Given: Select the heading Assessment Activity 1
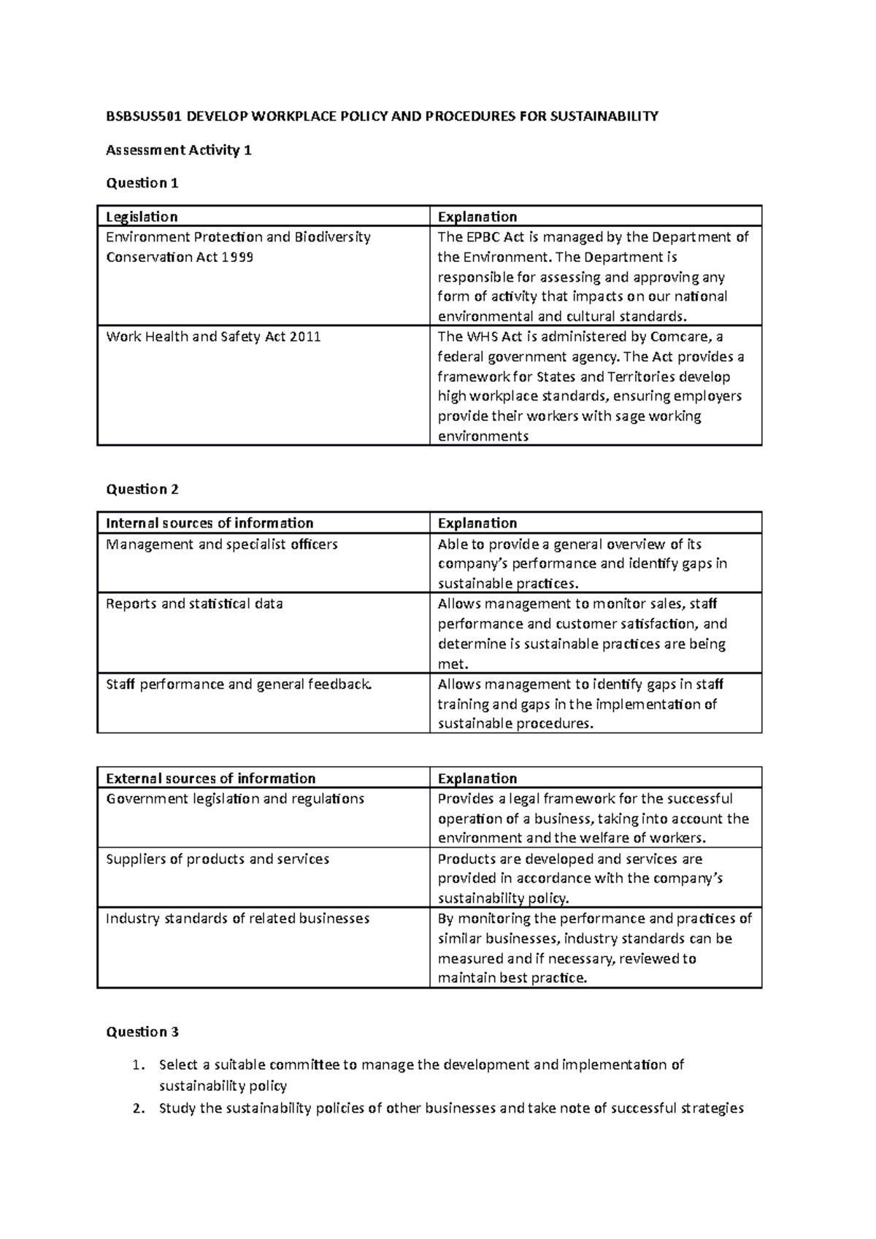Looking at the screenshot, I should (179, 150).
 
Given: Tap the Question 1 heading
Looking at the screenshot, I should (142, 183).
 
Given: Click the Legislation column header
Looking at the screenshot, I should (142, 217).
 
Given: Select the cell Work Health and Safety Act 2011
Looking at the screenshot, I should (213, 337).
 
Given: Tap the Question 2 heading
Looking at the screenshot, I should (142, 490).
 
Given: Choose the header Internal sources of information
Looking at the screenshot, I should (210, 523).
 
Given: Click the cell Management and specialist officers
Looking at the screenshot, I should (222, 544).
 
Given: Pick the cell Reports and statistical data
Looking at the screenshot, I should (194, 604).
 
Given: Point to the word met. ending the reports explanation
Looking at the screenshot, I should (452, 664).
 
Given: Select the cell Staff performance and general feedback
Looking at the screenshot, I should (239, 684).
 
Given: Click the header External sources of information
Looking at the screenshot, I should (210, 779).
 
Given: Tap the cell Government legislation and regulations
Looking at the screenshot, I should (234, 799).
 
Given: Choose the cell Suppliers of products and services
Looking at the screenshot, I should (218, 860).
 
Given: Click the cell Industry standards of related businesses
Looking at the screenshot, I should (237, 919).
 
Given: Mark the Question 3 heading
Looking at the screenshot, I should (142, 1032).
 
